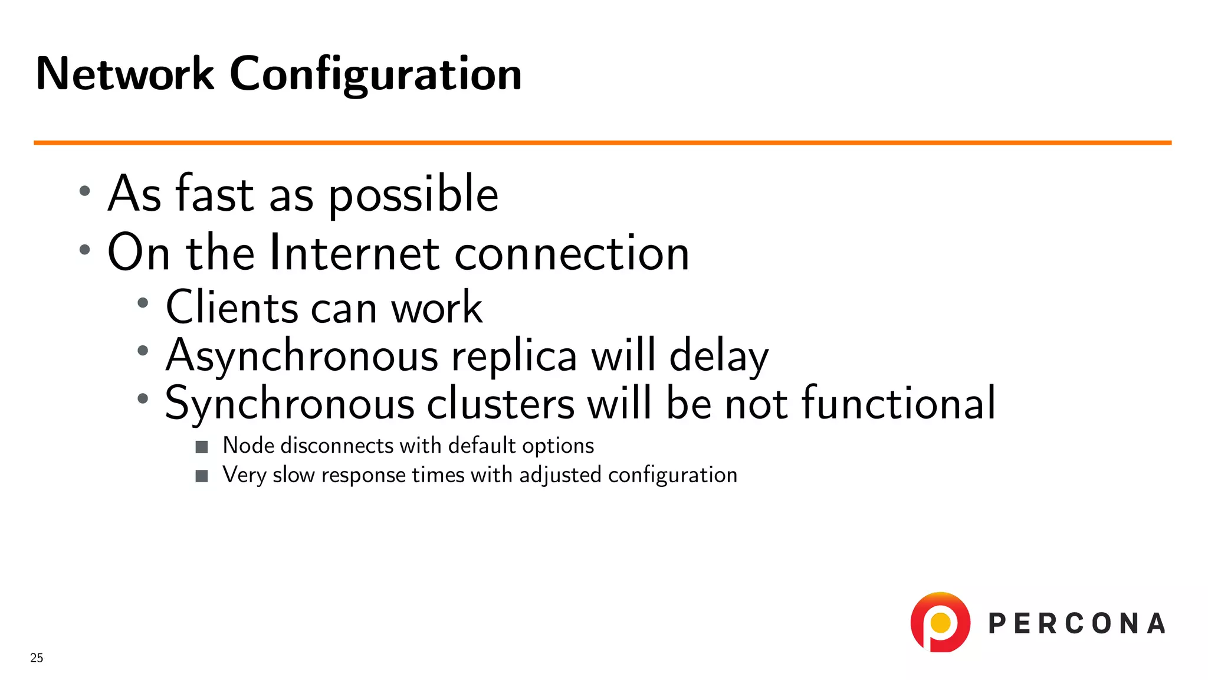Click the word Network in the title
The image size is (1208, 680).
pyautogui.click(x=124, y=74)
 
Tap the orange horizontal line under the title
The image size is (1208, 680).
pyautogui.click(x=602, y=143)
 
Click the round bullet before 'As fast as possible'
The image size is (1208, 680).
pyautogui.click(x=85, y=191)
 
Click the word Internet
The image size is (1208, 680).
pyautogui.click(x=354, y=253)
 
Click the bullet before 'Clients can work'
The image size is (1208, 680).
pyautogui.click(x=143, y=303)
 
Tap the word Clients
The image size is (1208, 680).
pyautogui.click(x=232, y=308)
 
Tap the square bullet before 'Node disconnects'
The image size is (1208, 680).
pyautogui.click(x=202, y=447)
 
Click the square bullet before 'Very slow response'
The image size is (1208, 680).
pyautogui.click(x=202, y=476)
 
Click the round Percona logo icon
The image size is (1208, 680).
pyautogui.click(x=940, y=622)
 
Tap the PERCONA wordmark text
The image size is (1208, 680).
pyautogui.click(x=1076, y=624)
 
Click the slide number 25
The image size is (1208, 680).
pyautogui.click(x=37, y=658)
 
